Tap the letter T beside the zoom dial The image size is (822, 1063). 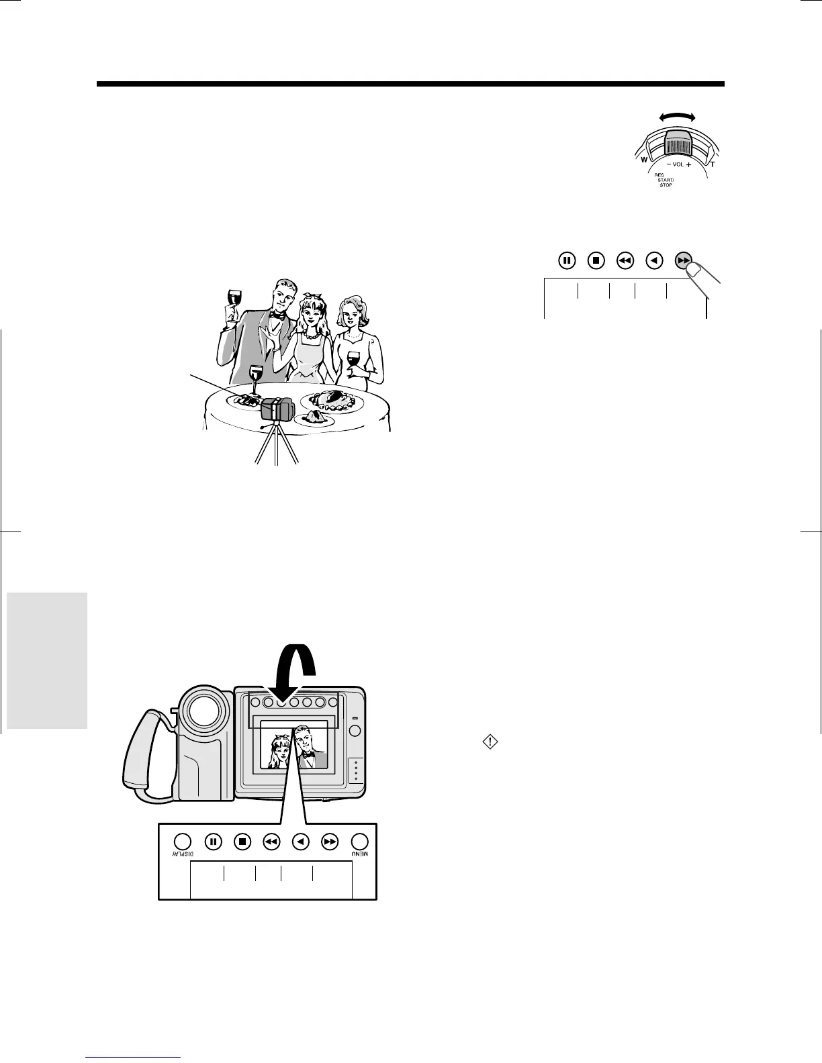pyautogui.click(x=713, y=164)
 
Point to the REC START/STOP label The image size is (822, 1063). pyautogui.click(x=664, y=180)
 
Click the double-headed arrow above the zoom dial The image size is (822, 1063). pyautogui.click(x=678, y=117)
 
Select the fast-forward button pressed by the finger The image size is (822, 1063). pyautogui.click(x=684, y=260)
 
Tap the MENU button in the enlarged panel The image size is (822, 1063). pyautogui.click(x=360, y=842)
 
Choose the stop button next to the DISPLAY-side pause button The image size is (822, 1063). pyautogui.click(x=243, y=842)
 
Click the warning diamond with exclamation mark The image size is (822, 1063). pyautogui.click(x=491, y=742)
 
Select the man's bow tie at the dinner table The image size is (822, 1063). pyautogui.click(x=276, y=313)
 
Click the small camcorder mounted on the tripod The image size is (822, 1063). pyautogui.click(x=277, y=409)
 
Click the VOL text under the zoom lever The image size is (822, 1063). pyautogui.click(x=678, y=164)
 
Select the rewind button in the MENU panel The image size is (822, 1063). pyautogui.click(x=272, y=842)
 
